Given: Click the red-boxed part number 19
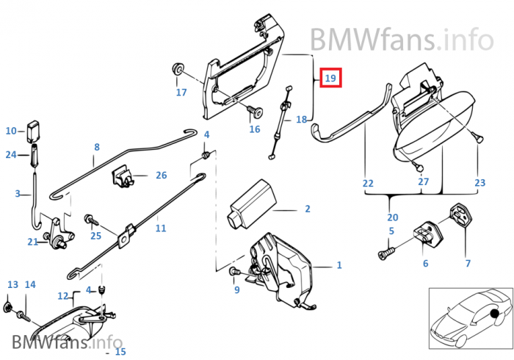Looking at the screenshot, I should click(x=330, y=78).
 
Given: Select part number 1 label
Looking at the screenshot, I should click(x=339, y=265).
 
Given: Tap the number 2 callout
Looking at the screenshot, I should click(x=307, y=209).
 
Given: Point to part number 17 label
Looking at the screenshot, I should click(x=181, y=93).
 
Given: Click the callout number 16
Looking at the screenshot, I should click(x=254, y=129).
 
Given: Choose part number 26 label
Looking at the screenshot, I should click(x=161, y=176).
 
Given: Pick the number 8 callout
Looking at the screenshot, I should click(x=96, y=147).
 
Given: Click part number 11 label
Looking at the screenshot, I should click(x=161, y=228).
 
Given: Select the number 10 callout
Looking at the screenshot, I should click(x=11, y=132).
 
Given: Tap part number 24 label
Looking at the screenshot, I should click(x=11, y=154).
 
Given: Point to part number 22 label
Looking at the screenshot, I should click(x=368, y=182).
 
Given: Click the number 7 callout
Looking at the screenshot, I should click(x=468, y=263).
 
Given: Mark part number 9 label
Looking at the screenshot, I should click(x=236, y=290).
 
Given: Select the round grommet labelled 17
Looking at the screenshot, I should click(x=178, y=71).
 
